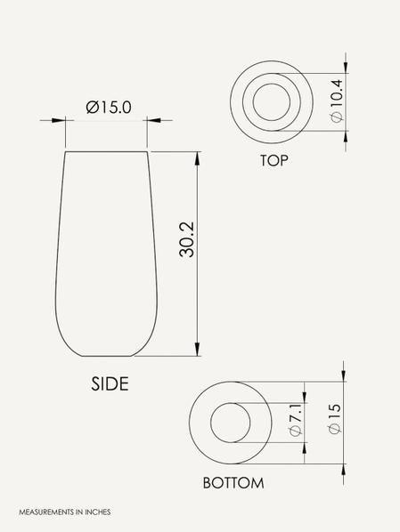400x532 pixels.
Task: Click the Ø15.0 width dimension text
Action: (109, 108)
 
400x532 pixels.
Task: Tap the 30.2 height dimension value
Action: (187, 239)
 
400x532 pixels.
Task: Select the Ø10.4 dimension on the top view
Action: (337, 101)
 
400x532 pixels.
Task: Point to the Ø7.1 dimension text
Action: (295, 419)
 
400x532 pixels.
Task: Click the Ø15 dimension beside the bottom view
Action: (334, 418)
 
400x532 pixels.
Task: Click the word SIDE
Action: (110, 383)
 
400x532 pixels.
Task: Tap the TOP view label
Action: (273, 160)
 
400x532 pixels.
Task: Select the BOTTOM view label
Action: (233, 483)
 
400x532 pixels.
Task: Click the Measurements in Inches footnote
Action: (65, 512)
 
